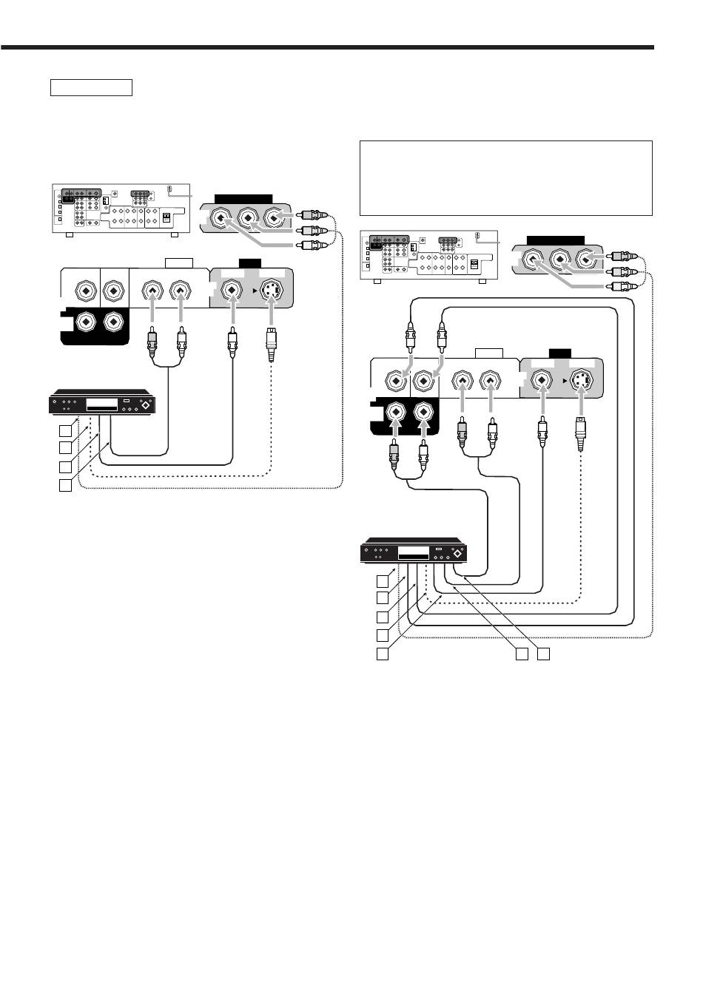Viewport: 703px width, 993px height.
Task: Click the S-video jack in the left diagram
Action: (x=272, y=291)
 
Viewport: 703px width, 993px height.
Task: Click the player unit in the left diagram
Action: (x=102, y=404)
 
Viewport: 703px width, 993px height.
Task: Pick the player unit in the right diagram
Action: (x=414, y=552)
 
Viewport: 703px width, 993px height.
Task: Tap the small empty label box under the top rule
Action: (x=91, y=88)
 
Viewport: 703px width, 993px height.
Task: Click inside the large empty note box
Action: (x=505, y=177)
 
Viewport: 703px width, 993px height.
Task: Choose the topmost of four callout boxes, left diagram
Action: (x=67, y=430)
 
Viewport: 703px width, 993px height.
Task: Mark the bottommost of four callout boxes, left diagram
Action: (x=67, y=486)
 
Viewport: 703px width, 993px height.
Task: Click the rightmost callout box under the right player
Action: (x=544, y=654)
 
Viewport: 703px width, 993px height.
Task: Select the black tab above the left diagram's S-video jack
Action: (x=249, y=263)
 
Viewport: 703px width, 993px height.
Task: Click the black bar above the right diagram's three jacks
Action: (x=556, y=240)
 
